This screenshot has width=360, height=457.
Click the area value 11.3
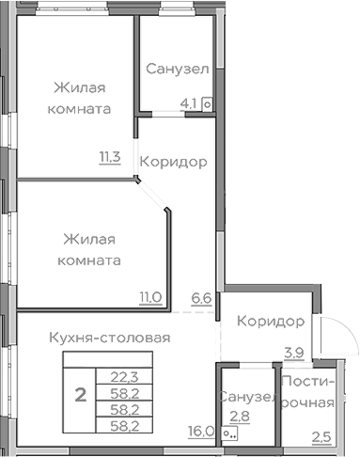click(110, 157)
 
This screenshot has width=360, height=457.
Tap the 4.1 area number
click(189, 104)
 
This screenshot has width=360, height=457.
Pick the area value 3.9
click(295, 353)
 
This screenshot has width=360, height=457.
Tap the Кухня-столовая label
click(110, 336)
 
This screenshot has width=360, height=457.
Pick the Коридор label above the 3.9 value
click(271, 323)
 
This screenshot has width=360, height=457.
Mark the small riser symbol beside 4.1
click(206, 105)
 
